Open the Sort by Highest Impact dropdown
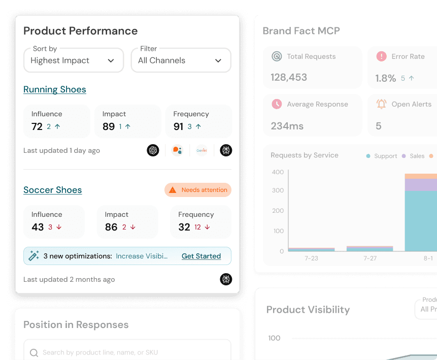(74, 60)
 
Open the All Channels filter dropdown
(181, 60)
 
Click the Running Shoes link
(55, 89)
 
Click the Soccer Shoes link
(53, 190)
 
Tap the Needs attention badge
(198, 190)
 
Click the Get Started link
(201, 256)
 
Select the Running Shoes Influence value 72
(37, 126)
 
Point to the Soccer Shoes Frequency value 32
(184, 227)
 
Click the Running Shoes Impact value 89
(109, 126)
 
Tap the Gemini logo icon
(202, 150)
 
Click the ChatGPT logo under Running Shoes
(153, 150)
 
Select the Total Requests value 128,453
(289, 77)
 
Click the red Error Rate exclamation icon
(381, 56)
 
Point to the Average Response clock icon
(277, 104)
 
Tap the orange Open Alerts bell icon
(381, 104)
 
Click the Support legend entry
(382, 156)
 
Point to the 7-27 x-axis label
(370, 258)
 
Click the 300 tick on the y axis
(278, 190)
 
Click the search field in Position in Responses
(127, 352)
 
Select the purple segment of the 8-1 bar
(420, 184)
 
